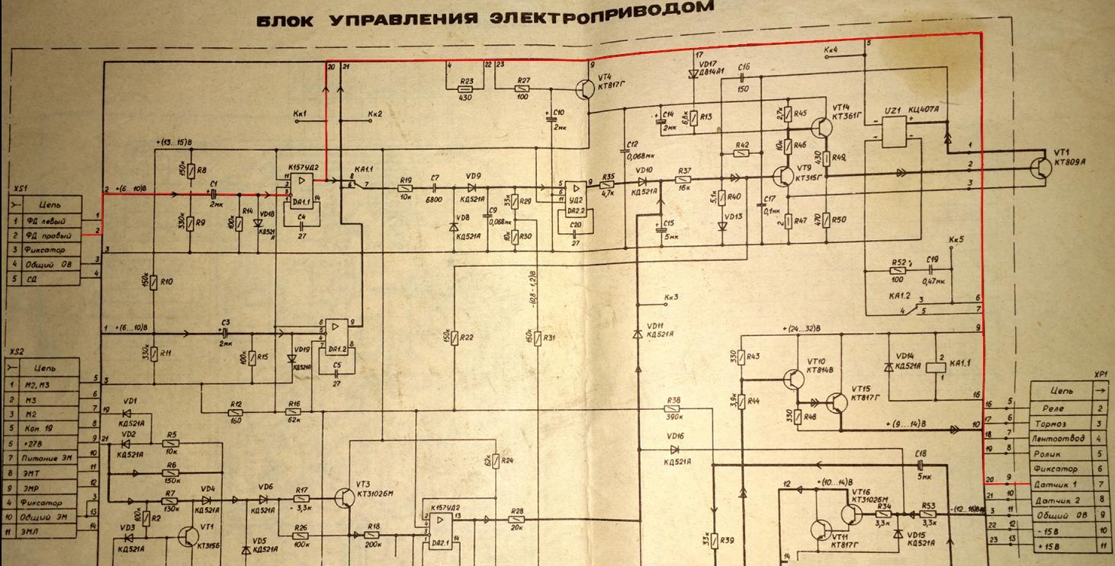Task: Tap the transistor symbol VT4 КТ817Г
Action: (585, 89)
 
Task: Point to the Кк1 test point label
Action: (300, 114)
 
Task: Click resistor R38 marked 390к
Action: (673, 409)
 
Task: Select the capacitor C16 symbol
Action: (744, 78)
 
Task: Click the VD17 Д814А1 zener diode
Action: (694, 74)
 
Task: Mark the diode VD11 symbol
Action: (638, 334)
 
